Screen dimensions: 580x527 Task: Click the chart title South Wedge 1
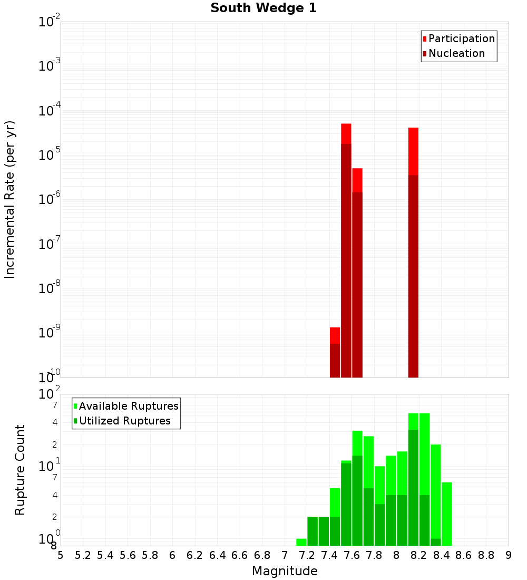click(x=263, y=8)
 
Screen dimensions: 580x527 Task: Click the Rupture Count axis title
click(x=20, y=470)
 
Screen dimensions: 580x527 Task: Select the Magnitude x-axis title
click(x=285, y=571)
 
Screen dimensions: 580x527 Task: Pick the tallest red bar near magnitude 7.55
click(x=346, y=250)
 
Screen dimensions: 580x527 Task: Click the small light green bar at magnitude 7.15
click(x=301, y=542)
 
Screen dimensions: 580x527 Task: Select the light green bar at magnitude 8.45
click(x=447, y=514)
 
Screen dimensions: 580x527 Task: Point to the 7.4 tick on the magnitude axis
click(x=329, y=555)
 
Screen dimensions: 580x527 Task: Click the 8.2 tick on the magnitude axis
click(x=419, y=555)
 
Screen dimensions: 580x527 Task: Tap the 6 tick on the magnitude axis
click(x=172, y=555)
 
